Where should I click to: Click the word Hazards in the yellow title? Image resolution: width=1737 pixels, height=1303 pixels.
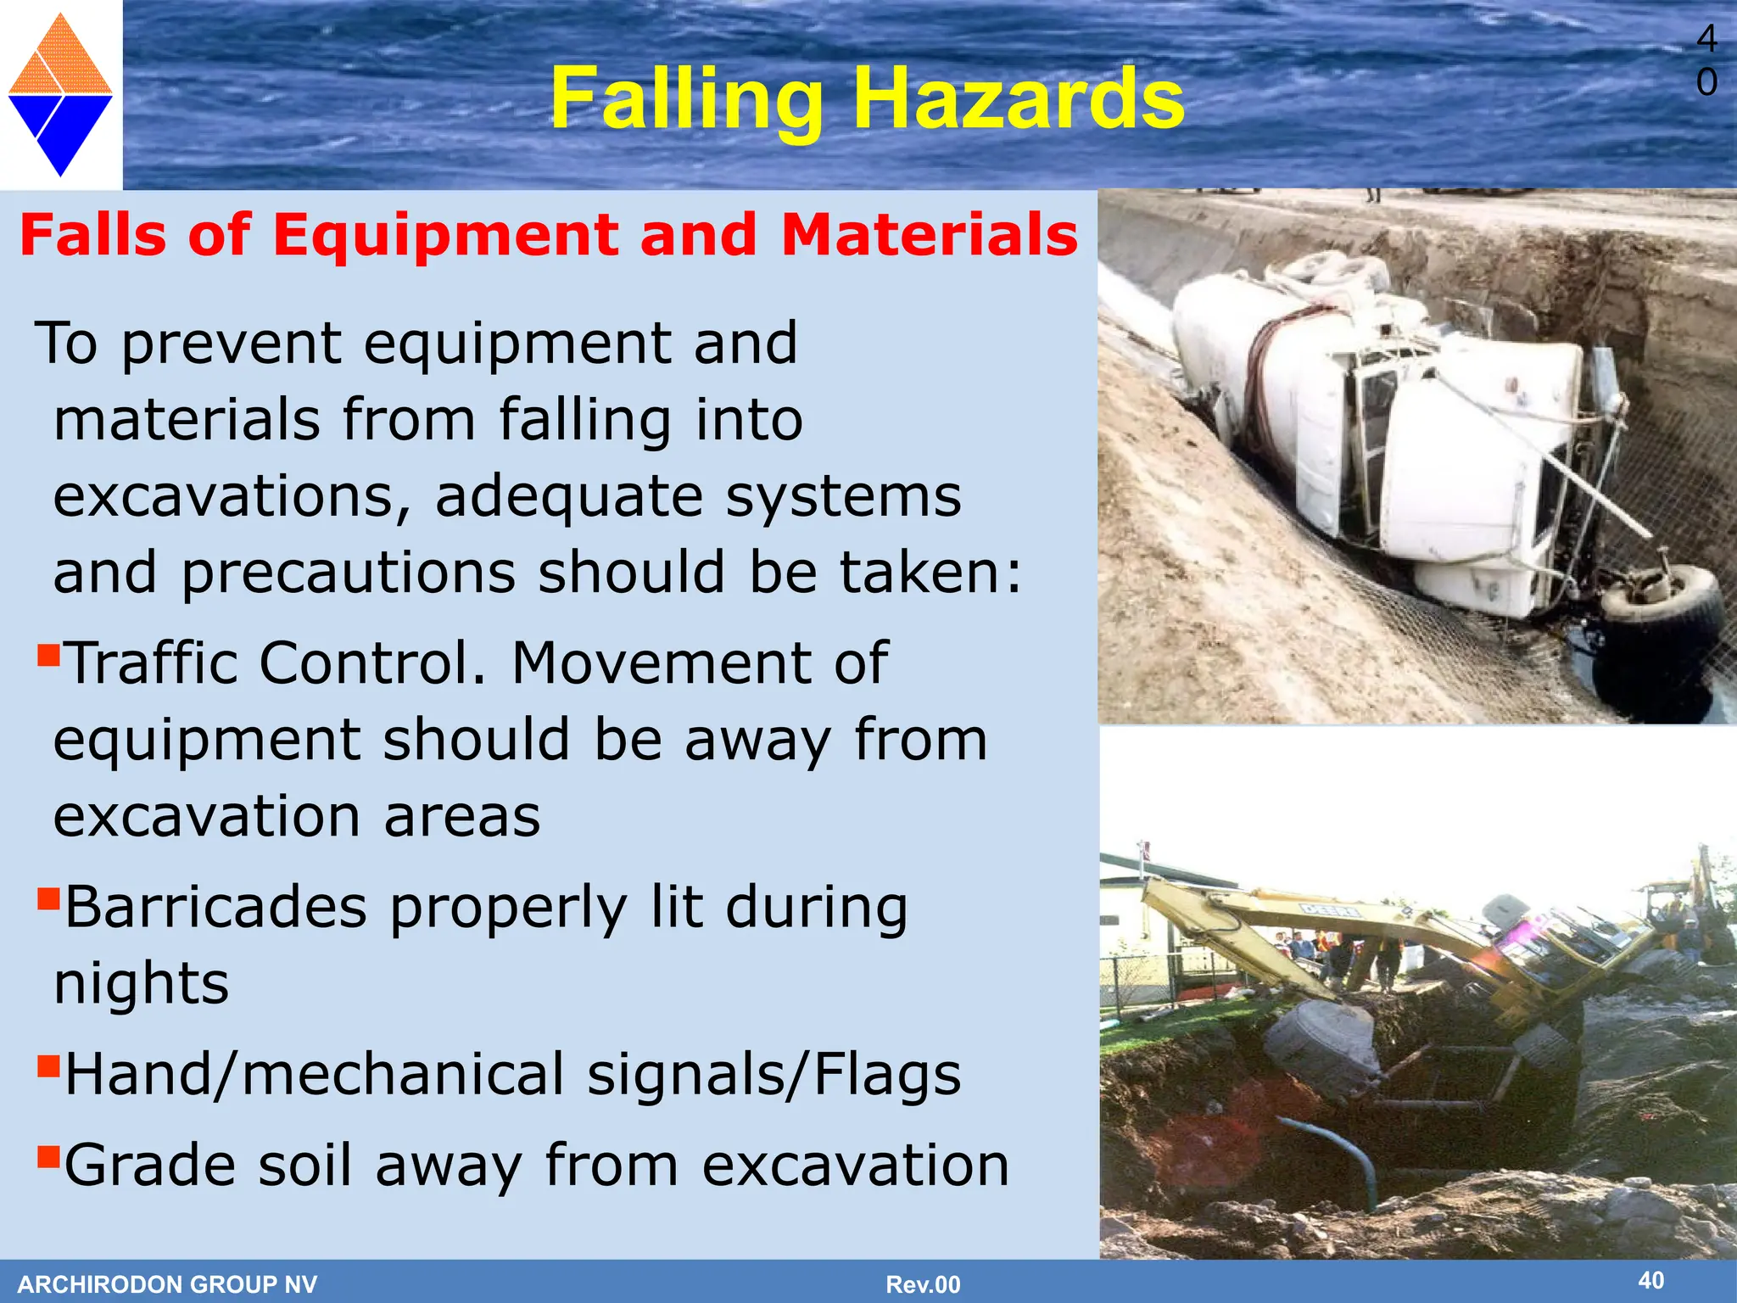[1018, 100]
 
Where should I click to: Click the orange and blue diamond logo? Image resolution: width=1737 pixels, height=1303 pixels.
[60, 95]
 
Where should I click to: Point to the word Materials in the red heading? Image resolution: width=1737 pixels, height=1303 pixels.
[930, 235]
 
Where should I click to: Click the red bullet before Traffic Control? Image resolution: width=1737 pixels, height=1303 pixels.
[48, 655]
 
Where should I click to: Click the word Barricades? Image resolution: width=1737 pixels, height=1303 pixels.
[216, 908]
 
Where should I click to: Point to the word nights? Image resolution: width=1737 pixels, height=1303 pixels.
[141, 984]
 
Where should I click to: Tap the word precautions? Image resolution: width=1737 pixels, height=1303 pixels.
[349, 573]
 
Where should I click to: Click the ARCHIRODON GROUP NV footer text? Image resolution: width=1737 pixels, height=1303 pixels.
[167, 1284]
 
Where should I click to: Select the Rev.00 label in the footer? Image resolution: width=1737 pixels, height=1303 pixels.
[923, 1284]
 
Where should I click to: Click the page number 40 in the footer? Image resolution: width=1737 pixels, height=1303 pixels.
[1650, 1280]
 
